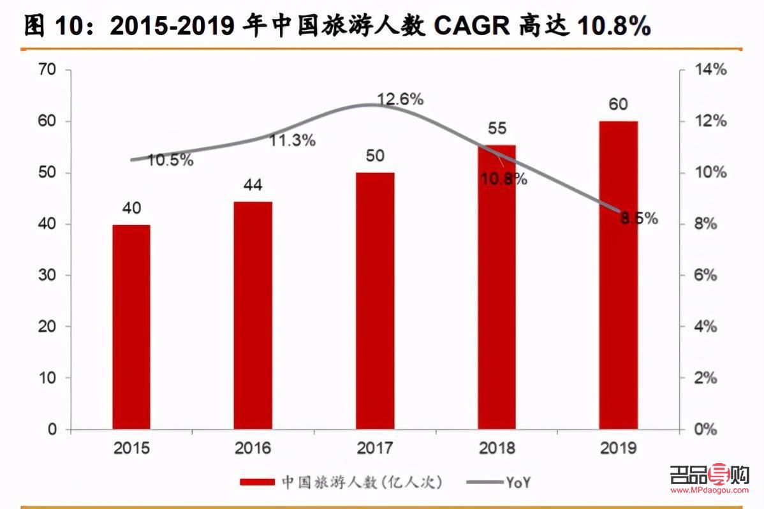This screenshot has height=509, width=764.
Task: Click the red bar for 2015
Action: pos(131,327)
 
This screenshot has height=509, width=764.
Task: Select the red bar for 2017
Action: pos(375,300)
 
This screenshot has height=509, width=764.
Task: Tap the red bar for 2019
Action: pos(618,275)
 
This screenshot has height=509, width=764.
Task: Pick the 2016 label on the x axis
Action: pos(253,448)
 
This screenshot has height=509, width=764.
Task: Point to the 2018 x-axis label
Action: pos(496,448)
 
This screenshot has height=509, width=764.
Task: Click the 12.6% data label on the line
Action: pos(400,99)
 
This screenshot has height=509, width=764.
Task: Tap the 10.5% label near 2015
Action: pos(170,160)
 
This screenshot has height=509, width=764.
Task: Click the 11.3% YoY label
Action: pos(292,140)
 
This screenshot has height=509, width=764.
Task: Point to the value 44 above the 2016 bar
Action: pos(253,185)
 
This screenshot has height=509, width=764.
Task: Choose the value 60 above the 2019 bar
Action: pos(618,104)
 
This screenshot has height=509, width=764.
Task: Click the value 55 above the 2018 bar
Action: pos(496,128)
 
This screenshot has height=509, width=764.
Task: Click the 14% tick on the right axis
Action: pos(710,70)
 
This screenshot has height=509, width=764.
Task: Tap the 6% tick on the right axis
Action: pos(706,276)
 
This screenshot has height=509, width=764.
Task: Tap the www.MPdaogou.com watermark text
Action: pos(709,491)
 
